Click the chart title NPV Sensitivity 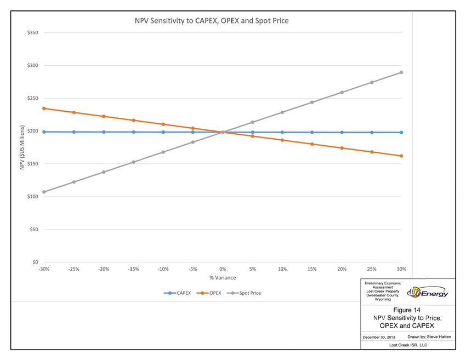pos(212,21)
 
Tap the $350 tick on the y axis pos(32,33)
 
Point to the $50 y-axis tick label pos(33,230)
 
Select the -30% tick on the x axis pos(44,270)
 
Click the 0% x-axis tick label pos(223,270)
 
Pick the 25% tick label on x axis pos(372,270)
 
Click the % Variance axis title pos(223,278)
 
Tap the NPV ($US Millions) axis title pos(22,147)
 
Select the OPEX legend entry pos(215,293)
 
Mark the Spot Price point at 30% pos(401,72)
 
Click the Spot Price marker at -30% pos(44,192)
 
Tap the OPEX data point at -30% pos(44,108)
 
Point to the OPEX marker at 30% pos(401,156)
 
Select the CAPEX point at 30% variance pos(401,133)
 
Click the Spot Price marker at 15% pos(312,102)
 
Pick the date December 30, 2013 pos(380,336)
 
